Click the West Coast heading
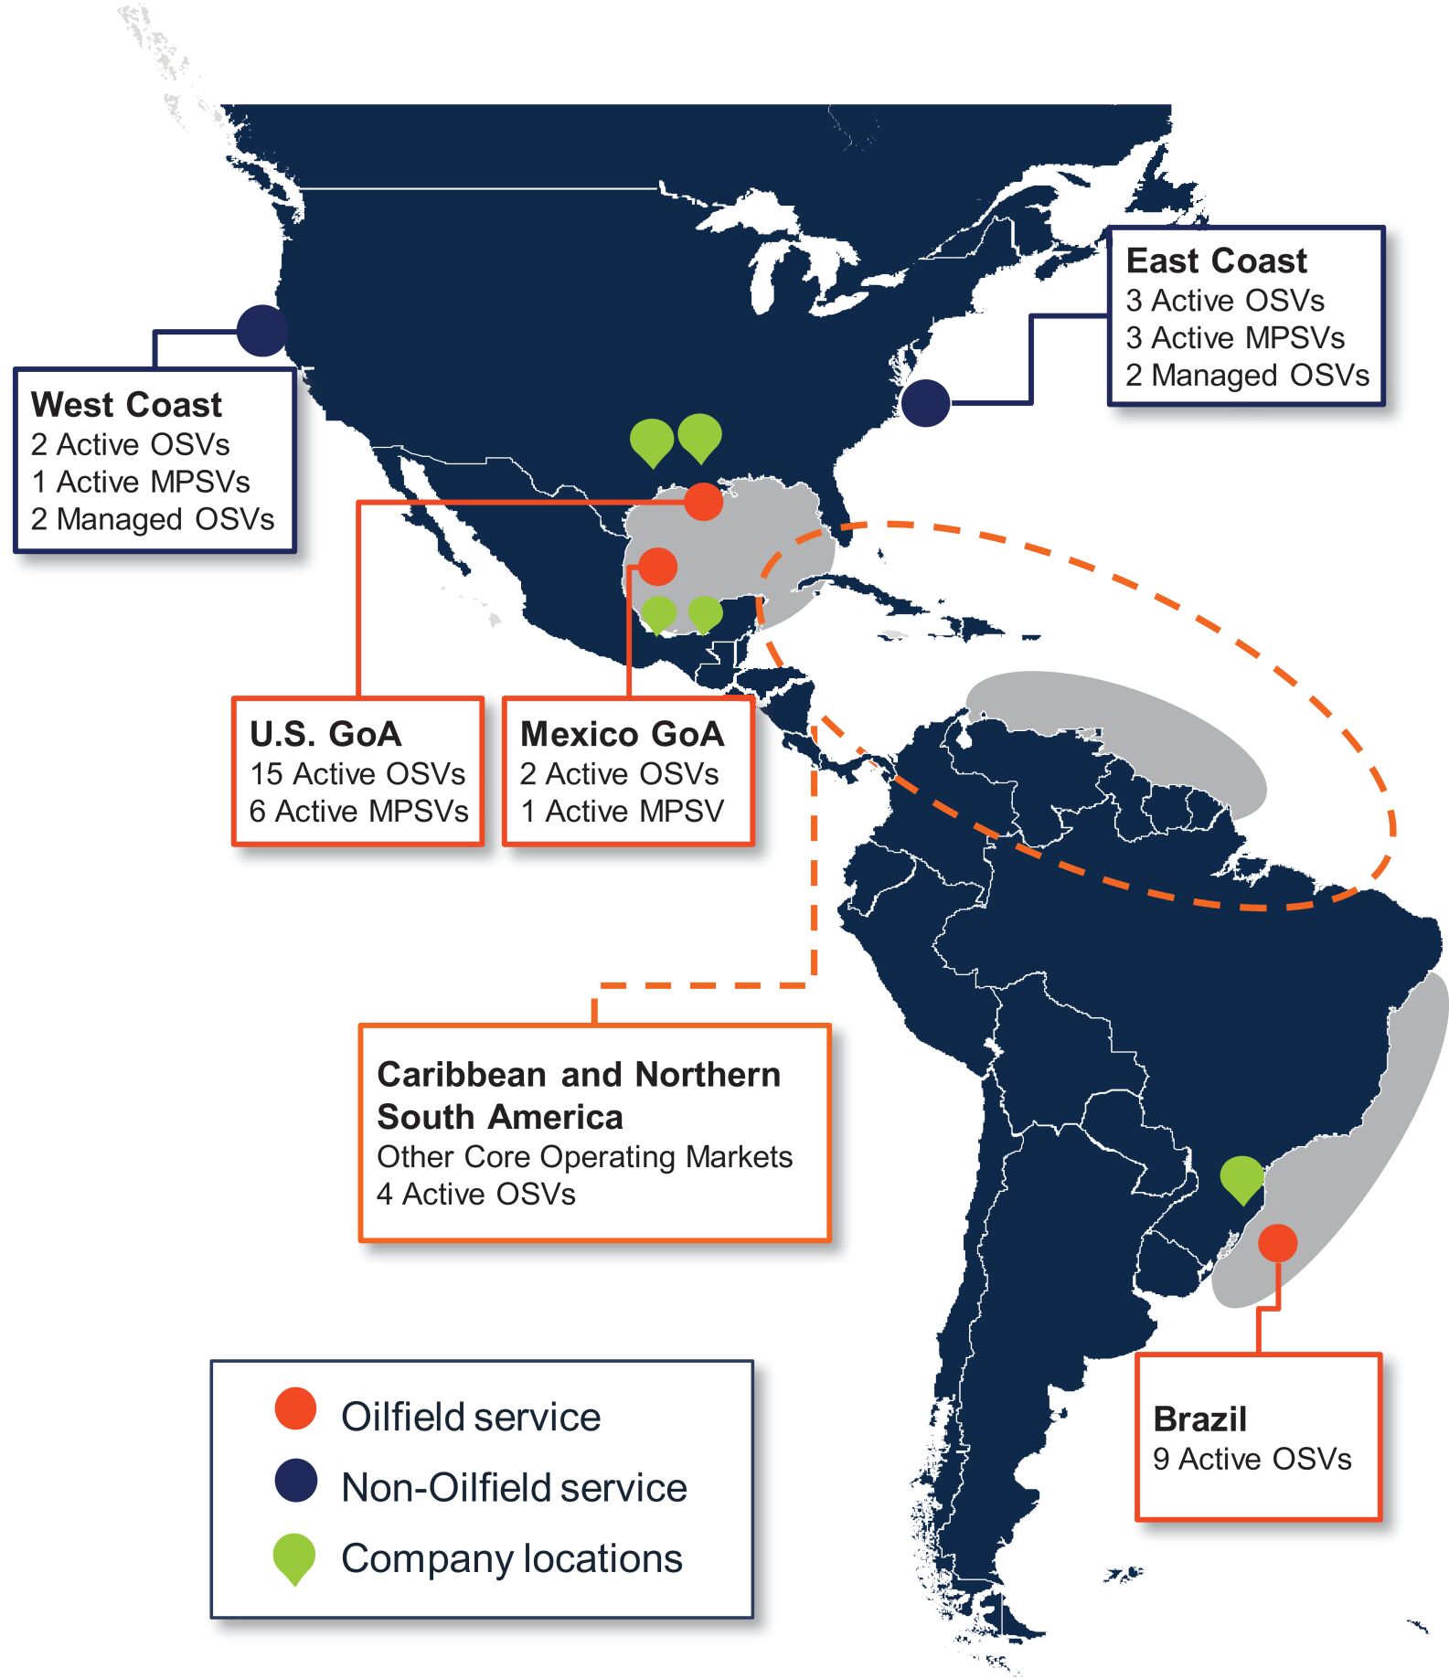coord(126,404)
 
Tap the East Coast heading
coord(1216,260)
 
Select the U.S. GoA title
coord(325,734)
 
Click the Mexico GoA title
coord(622,734)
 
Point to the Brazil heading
coord(1199,1419)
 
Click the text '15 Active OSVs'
coord(357,774)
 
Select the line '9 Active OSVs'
coord(1252,1459)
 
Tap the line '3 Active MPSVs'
coord(1235,338)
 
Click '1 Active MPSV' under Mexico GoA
coord(622,812)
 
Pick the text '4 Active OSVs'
coord(476,1194)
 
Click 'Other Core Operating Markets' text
coord(584,1156)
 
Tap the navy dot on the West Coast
coord(262,330)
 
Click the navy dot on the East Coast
coord(925,402)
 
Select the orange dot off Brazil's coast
coord(1277,1243)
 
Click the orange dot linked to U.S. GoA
coord(703,501)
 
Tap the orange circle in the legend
coord(295,1409)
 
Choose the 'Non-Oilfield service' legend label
coord(514,1487)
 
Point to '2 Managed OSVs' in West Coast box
coord(153,519)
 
